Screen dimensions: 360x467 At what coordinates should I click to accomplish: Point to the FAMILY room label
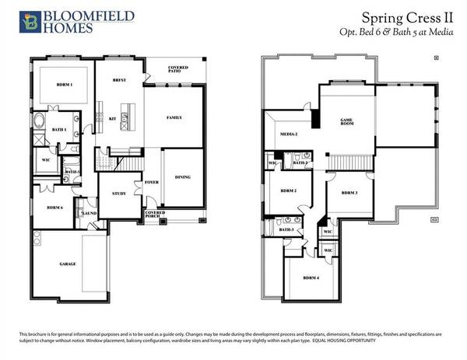[174, 117]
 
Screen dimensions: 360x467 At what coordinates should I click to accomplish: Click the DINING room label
[182, 177]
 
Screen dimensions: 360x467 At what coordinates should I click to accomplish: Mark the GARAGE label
[67, 264]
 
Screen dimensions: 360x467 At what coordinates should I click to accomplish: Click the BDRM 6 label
[54, 208]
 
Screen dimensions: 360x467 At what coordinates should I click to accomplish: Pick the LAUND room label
[89, 212]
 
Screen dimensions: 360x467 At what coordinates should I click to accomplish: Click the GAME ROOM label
[346, 122]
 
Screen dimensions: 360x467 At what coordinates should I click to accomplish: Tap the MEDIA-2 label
[289, 134]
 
